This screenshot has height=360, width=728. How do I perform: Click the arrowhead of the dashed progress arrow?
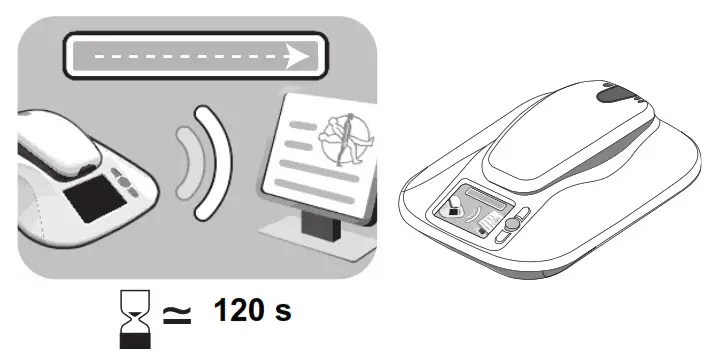tap(297, 58)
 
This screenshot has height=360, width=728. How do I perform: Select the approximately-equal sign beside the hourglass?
tap(176, 314)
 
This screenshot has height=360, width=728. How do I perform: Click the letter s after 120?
tap(282, 311)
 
